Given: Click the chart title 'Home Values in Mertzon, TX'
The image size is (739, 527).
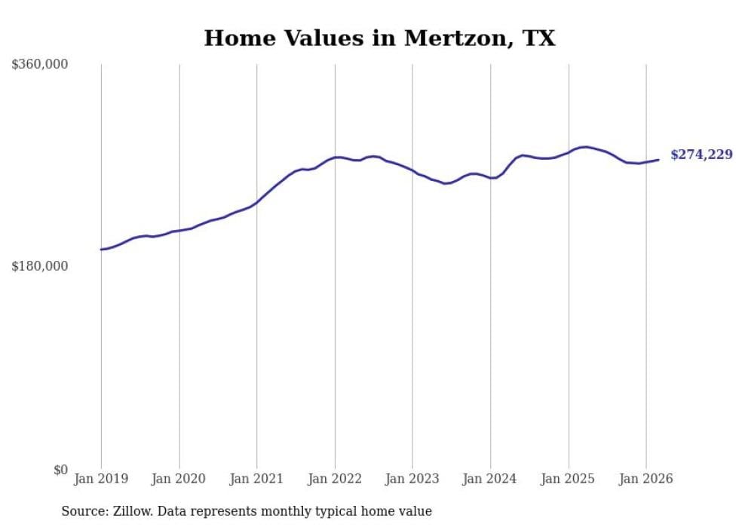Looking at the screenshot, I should click(379, 38).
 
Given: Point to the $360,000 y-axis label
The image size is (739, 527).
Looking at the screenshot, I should click(40, 65).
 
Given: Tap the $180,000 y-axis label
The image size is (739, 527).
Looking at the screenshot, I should click(40, 266).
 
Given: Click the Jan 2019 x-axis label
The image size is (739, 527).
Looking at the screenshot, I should click(101, 479).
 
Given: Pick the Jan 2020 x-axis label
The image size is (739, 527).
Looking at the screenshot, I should click(179, 479).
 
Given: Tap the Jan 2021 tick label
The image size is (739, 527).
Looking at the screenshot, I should click(257, 479).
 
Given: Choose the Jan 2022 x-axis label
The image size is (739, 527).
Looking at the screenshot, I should click(335, 479).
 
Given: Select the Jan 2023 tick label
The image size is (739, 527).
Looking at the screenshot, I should click(412, 479).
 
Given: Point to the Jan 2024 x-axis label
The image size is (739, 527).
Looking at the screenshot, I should click(490, 479).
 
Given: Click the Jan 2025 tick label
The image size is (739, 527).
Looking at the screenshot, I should click(568, 479).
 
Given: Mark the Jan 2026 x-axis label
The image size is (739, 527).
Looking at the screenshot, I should click(646, 479).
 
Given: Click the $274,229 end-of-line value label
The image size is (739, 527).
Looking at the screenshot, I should click(701, 155).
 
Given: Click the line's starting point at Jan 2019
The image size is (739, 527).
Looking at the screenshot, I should click(101, 250).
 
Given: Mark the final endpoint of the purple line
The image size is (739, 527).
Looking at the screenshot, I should click(658, 160).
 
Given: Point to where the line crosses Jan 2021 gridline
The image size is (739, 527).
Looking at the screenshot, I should click(257, 202).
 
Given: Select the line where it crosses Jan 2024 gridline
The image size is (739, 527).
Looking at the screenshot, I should click(490, 178).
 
